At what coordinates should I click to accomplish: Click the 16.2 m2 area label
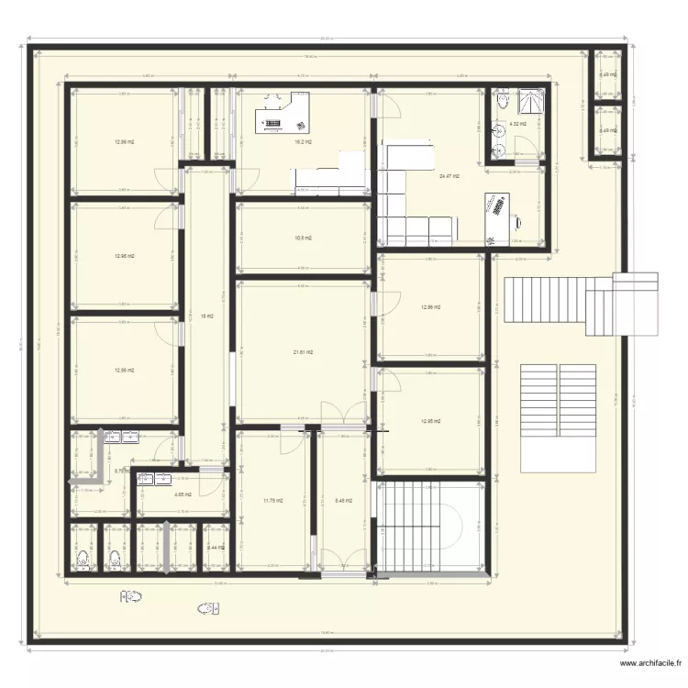(x=303, y=142)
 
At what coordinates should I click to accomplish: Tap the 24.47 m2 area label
(x=449, y=175)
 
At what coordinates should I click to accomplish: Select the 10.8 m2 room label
(x=303, y=238)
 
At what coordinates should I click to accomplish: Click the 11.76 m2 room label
(x=273, y=501)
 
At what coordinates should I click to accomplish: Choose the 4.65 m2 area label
(x=180, y=495)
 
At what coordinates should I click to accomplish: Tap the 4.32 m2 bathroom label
(x=517, y=124)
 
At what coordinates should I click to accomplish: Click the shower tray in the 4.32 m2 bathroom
(x=531, y=99)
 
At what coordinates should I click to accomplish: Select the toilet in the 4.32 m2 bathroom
(x=501, y=101)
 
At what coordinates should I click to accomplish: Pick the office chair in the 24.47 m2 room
(x=519, y=220)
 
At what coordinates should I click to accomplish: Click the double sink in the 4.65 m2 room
(x=160, y=477)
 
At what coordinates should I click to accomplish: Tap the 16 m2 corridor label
(x=206, y=316)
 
